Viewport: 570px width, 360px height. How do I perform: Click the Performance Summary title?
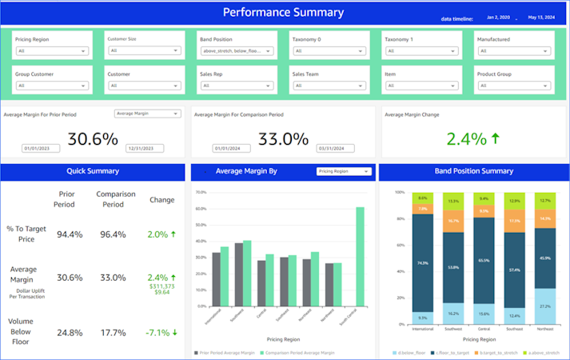[283, 13]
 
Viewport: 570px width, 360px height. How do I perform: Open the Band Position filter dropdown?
[237, 51]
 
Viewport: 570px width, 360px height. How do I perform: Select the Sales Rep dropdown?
[237, 86]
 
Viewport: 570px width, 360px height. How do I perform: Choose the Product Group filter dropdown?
[515, 86]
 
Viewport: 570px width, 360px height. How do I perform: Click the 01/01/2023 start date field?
[38, 148]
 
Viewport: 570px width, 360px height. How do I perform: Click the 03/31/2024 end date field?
[333, 148]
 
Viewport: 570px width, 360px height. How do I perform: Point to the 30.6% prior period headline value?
[93, 139]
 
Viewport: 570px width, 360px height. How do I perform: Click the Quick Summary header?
[93, 171]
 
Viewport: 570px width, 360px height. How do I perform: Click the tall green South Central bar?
[361, 256]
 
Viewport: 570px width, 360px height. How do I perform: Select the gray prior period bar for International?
[216, 279]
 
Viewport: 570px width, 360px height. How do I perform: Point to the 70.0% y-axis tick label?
[201, 193]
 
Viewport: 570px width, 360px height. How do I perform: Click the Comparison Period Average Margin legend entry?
[299, 353]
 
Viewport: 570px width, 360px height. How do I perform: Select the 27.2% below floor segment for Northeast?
[545, 305]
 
